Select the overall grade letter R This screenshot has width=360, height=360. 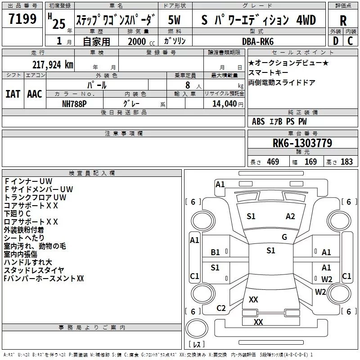[343, 21]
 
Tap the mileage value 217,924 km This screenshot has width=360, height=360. [52, 64]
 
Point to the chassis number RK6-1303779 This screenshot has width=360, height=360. [302, 143]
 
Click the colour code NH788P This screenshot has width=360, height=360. [75, 103]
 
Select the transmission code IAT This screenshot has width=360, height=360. [13, 94]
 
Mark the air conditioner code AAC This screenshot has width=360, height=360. [35, 94]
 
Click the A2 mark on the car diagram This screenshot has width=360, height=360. [290, 216]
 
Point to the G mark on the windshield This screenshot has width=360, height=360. [284, 237]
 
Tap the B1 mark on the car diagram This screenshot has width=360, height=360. [216, 252]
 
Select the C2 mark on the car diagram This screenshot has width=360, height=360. [221, 308]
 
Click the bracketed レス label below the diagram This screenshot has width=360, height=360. [197, 344]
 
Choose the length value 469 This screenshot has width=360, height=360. [273, 162]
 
